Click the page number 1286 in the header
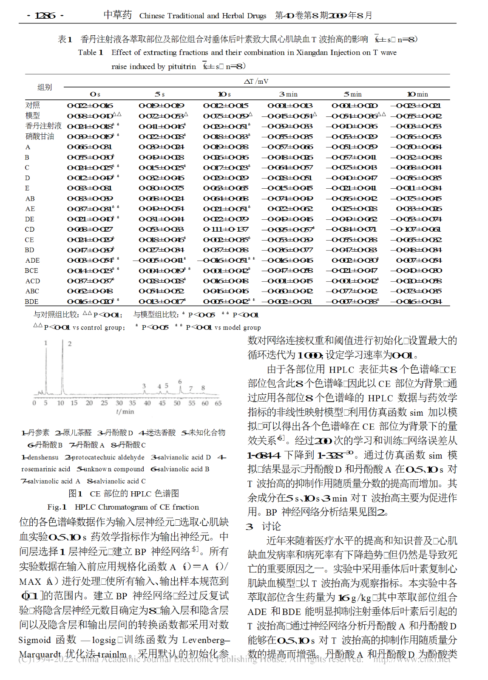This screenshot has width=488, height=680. click(x=45, y=16)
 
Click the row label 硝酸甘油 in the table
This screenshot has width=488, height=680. click(x=40, y=136)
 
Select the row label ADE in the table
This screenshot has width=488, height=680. click(x=33, y=261)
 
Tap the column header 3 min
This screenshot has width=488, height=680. click(x=289, y=94)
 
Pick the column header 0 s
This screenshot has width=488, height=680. click(x=95, y=94)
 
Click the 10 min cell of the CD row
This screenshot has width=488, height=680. click(x=418, y=229)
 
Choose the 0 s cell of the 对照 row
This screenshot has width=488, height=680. click(x=90, y=106)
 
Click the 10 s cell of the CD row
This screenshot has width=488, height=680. click(x=226, y=229)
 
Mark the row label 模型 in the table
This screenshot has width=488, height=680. click(x=33, y=116)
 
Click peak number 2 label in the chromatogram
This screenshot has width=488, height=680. click(x=70, y=344)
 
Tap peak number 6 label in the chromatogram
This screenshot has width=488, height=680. click(x=180, y=382)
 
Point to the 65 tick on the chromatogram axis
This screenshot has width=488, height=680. click(x=218, y=403)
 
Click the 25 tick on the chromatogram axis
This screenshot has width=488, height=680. click(x=104, y=403)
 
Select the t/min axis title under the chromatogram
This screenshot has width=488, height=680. click(x=125, y=412)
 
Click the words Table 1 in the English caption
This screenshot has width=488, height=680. click(x=90, y=53)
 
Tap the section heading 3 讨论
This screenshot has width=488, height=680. click(x=264, y=527)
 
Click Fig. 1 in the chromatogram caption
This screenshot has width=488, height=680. click(x=57, y=507)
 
